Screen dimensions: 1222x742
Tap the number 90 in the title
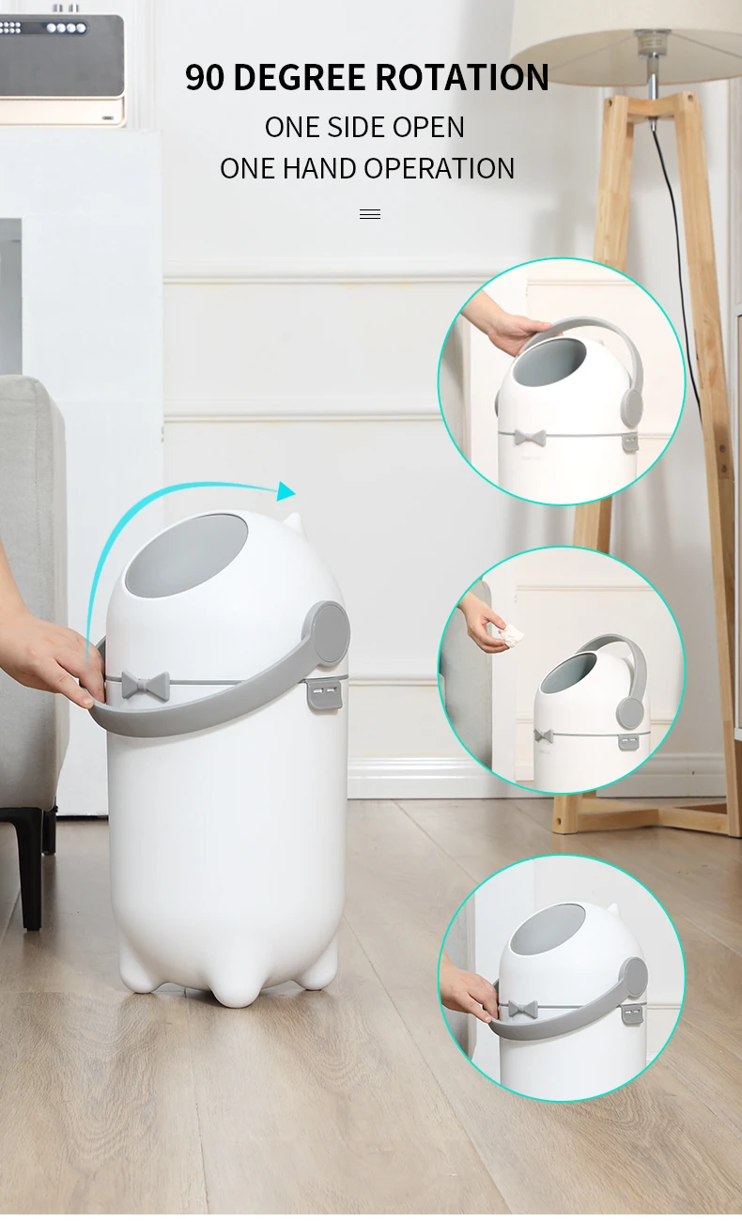pos(205,77)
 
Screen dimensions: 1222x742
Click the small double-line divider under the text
pos(370,214)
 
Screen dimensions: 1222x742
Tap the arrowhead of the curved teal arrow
pos(286,490)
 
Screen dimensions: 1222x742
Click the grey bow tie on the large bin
pos(142,685)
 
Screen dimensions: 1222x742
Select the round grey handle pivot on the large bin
pos(328,633)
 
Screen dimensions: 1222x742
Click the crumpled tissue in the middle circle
pos(511,635)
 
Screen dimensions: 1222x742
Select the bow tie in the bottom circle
pos(522,1010)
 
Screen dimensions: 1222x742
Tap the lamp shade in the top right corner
pos(625,28)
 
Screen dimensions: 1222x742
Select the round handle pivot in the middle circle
pos(630,712)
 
